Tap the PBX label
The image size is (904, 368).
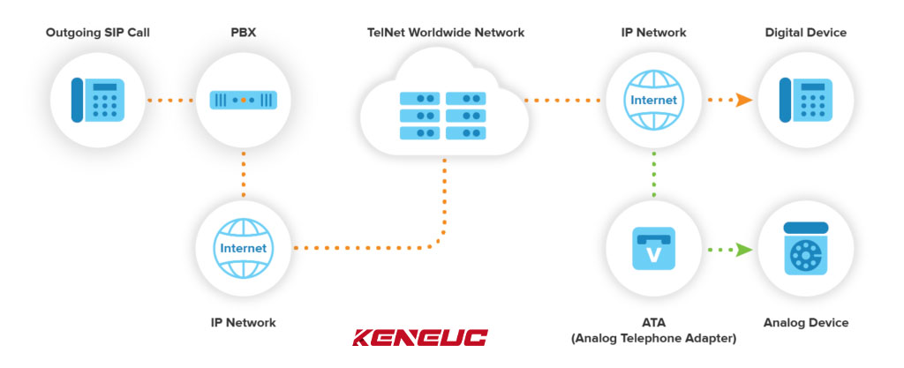243,33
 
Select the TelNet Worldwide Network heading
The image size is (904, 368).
446,33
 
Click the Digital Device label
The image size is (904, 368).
805,33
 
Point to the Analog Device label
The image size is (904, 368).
804,323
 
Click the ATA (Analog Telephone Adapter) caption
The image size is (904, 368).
653,330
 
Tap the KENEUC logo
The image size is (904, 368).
419,337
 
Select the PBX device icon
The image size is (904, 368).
243,100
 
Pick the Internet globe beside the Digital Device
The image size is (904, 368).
653,100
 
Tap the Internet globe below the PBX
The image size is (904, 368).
243,248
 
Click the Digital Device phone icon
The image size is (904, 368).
804,100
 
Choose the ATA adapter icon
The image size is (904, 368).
653,248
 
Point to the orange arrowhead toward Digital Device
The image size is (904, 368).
744,100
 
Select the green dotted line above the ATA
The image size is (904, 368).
653,174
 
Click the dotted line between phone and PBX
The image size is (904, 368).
170,100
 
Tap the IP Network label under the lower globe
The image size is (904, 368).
243,323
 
